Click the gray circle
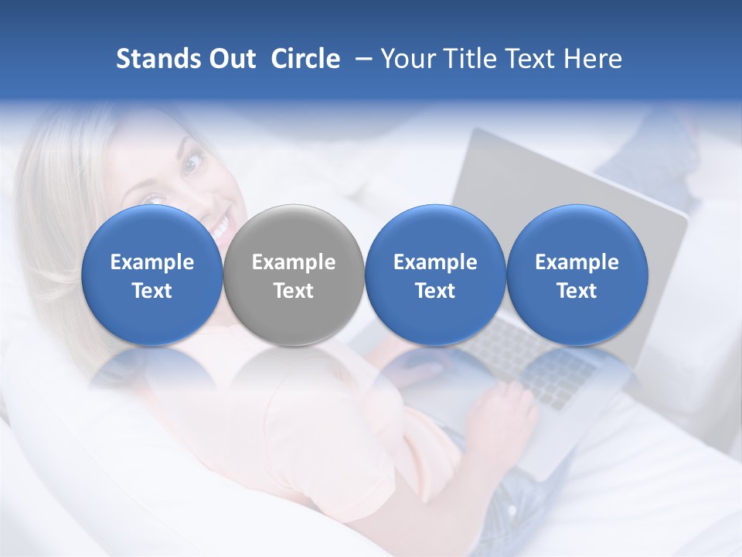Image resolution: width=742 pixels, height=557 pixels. [x=294, y=275]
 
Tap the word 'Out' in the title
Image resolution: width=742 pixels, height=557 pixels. [x=230, y=59]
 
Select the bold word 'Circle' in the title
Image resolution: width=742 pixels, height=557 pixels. [x=305, y=59]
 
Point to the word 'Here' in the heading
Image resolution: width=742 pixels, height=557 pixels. [x=593, y=59]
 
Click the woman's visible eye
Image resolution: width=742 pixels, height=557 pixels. [x=191, y=162]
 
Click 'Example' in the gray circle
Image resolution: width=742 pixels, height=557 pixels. [x=294, y=262]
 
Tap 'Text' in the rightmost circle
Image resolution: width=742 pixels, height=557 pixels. [x=577, y=291]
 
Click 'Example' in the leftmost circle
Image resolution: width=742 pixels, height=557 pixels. [x=151, y=262]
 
